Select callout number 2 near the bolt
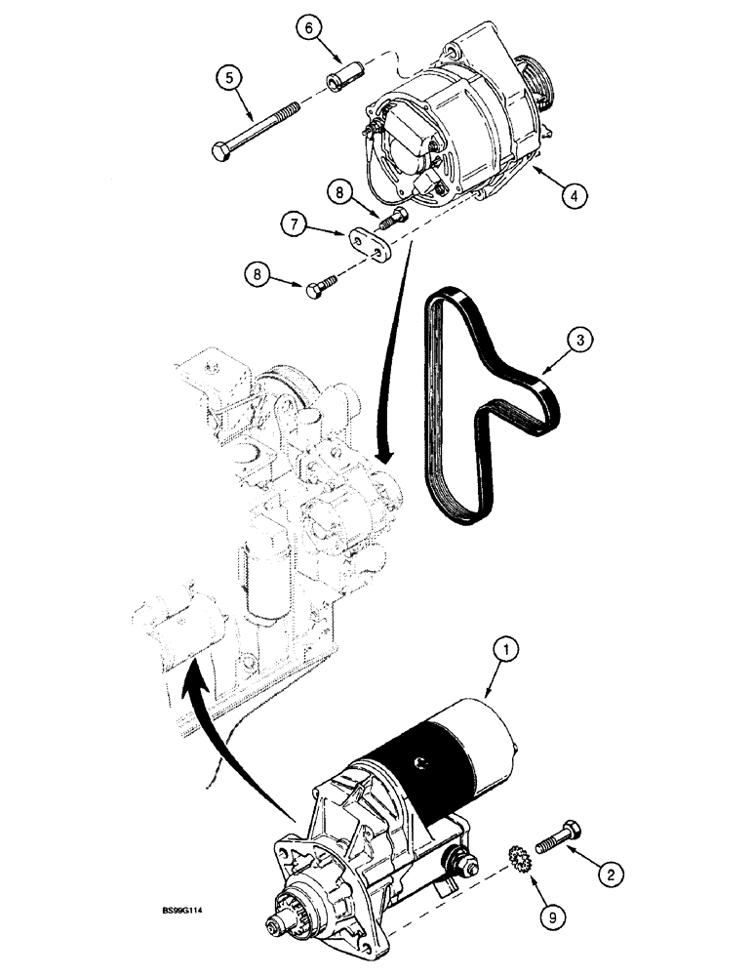[610, 874]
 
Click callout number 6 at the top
[306, 31]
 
